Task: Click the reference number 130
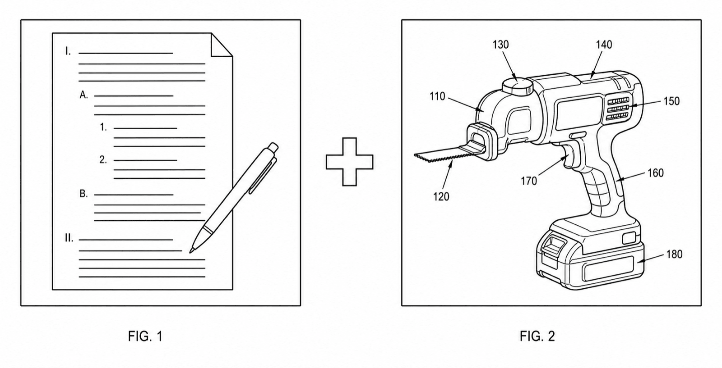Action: click(500, 45)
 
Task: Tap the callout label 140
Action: click(604, 45)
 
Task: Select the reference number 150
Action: click(671, 101)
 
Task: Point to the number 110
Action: click(437, 96)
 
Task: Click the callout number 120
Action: click(441, 196)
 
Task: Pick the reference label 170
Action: click(529, 181)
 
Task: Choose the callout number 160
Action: click(656, 173)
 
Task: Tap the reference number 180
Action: click(674, 254)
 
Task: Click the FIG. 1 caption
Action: click(145, 336)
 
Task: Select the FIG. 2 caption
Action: click(537, 336)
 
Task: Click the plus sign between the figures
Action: click(350, 162)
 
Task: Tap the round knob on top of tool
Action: click(517, 86)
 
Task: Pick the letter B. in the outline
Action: click(83, 194)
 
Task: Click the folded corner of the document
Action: click(222, 45)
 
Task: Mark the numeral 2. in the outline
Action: click(103, 159)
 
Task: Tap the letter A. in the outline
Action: click(84, 95)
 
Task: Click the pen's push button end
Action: click(273, 147)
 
